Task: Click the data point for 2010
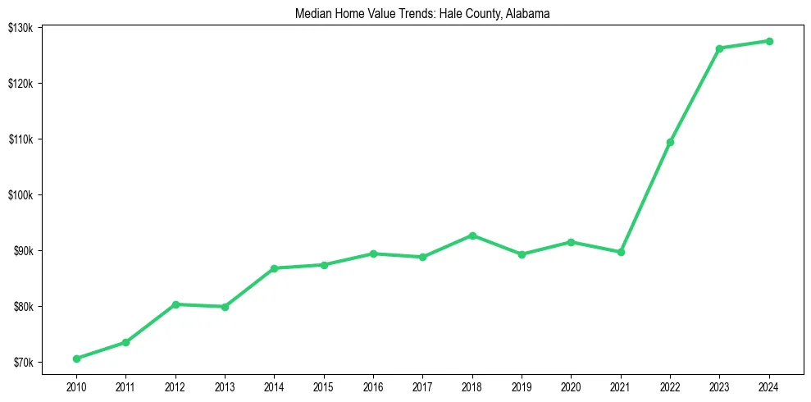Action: tap(76, 359)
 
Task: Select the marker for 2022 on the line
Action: tap(670, 143)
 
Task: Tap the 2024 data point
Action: tap(769, 41)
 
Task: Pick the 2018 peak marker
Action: tap(472, 235)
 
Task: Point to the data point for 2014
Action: tap(274, 268)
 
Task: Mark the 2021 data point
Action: tap(621, 252)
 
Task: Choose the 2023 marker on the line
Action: tap(719, 48)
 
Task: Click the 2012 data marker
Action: tap(175, 304)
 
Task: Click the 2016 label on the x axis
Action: tap(373, 386)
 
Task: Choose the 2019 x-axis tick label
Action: tap(522, 386)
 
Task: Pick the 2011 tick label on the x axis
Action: tap(125, 386)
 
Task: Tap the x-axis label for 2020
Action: tap(571, 386)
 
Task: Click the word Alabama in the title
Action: tap(529, 14)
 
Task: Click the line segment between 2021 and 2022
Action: tap(645, 198)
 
